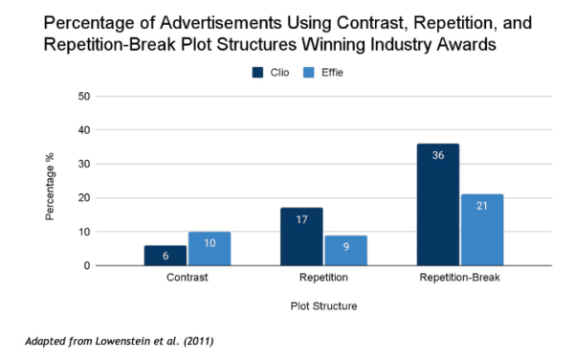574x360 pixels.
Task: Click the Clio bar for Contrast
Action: coord(165,256)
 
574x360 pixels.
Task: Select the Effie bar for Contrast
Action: coord(209,249)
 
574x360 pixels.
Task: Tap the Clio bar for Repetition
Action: coord(301,236)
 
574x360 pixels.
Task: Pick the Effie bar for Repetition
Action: coord(345,251)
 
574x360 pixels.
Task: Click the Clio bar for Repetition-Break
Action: coord(437,205)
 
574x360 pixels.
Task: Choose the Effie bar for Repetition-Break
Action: coord(482,230)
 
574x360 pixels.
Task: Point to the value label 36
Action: coord(437,155)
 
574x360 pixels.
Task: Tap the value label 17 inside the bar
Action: coord(301,219)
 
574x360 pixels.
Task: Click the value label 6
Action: coord(165,257)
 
